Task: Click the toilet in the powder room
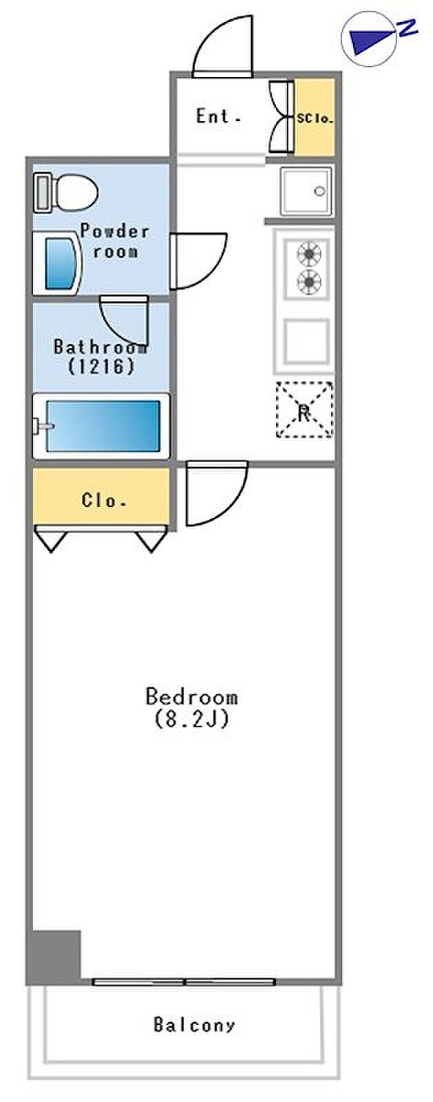(66, 192)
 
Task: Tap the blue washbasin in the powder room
(61, 263)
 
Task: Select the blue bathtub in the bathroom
(103, 426)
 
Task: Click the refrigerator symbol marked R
(305, 409)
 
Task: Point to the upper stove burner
(309, 254)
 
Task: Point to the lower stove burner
(309, 282)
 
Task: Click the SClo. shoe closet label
(315, 118)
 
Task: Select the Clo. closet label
(103, 500)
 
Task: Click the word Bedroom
(192, 696)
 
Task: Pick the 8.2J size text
(192, 719)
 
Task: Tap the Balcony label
(194, 1024)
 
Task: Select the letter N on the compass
(407, 28)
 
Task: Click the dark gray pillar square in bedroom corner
(54, 955)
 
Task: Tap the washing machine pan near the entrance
(306, 191)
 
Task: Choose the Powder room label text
(114, 240)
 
